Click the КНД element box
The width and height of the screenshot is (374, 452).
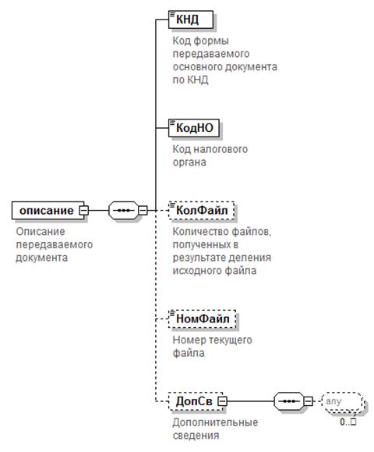[191, 20]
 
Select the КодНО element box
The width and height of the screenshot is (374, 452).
[194, 128]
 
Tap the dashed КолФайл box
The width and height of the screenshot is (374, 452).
[201, 211]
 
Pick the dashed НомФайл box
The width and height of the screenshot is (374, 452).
[203, 319]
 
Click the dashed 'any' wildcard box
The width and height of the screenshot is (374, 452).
[342, 401]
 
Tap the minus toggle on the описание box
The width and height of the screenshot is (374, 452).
[84, 211]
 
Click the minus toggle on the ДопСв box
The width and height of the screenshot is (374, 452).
[222, 401]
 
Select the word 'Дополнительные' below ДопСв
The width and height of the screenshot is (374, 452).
[215, 422]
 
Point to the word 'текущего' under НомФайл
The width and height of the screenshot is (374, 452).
[232, 340]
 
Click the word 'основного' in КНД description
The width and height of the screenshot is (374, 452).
[197, 67]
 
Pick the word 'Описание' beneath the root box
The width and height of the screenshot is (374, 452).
[41, 232]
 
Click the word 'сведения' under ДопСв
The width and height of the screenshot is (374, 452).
[196, 436]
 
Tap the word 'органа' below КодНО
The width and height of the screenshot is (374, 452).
[189, 162]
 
